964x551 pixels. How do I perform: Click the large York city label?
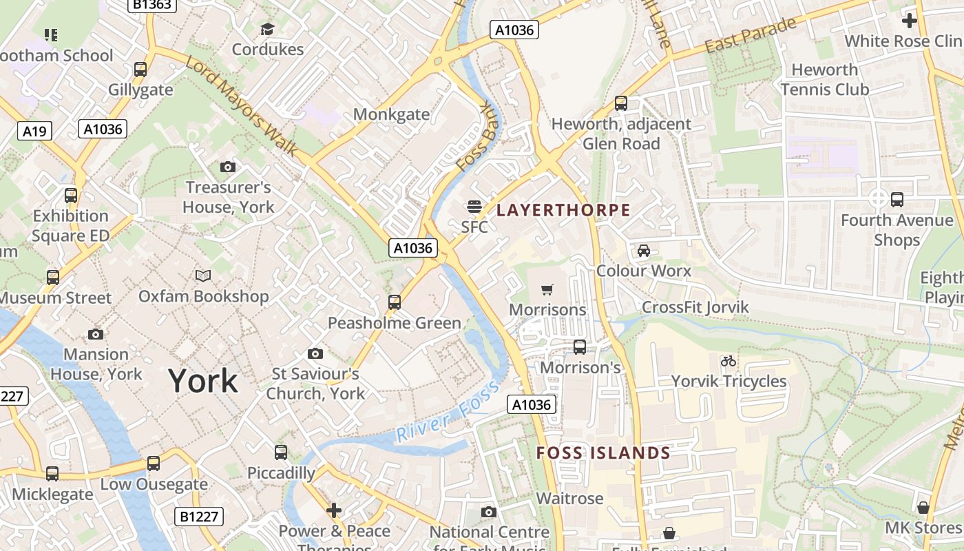(x=203, y=381)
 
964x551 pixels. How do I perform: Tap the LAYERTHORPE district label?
(x=563, y=210)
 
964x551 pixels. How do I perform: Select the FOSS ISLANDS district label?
(x=603, y=453)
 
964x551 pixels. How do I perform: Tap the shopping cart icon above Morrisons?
(x=547, y=290)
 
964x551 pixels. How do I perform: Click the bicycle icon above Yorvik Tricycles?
(x=729, y=361)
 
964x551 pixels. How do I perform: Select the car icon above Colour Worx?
(x=643, y=251)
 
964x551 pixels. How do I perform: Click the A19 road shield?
(x=34, y=131)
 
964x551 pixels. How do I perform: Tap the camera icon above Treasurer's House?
(x=228, y=167)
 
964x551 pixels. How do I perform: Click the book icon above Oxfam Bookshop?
(x=202, y=276)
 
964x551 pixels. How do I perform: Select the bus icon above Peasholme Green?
(x=395, y=302)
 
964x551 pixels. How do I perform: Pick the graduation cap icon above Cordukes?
(x=267, y=29)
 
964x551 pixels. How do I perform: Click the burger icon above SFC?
(x=474, y=206)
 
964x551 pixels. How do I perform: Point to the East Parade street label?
(x=751, y=35)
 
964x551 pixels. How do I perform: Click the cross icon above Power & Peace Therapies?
(x=334, y=510)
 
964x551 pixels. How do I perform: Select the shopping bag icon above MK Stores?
(x=923, y=508)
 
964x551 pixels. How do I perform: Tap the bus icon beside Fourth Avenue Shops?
(x=897, y=200)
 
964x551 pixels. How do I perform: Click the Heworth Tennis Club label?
(x=825, y=79)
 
